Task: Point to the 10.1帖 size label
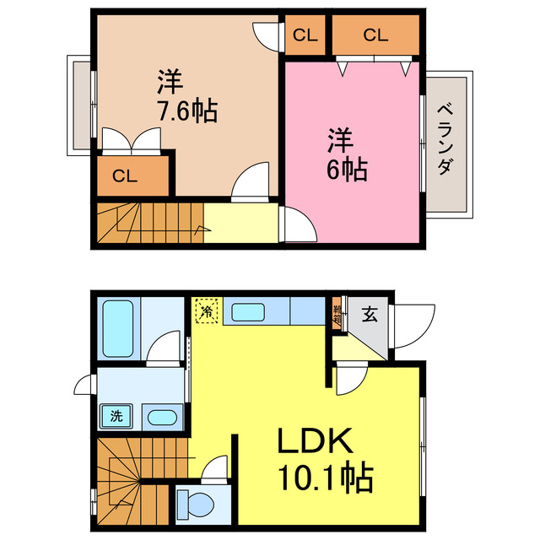click(324, 479)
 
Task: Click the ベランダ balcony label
click(444, 139)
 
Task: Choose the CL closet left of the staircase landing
click(125, 176)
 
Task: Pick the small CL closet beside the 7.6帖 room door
click(305, 35)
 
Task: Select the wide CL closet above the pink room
click(375, 35)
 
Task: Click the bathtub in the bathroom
click(118, 331)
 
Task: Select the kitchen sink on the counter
click(248, 312)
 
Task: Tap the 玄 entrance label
click(370, 316)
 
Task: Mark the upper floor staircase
click(148, 224)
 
